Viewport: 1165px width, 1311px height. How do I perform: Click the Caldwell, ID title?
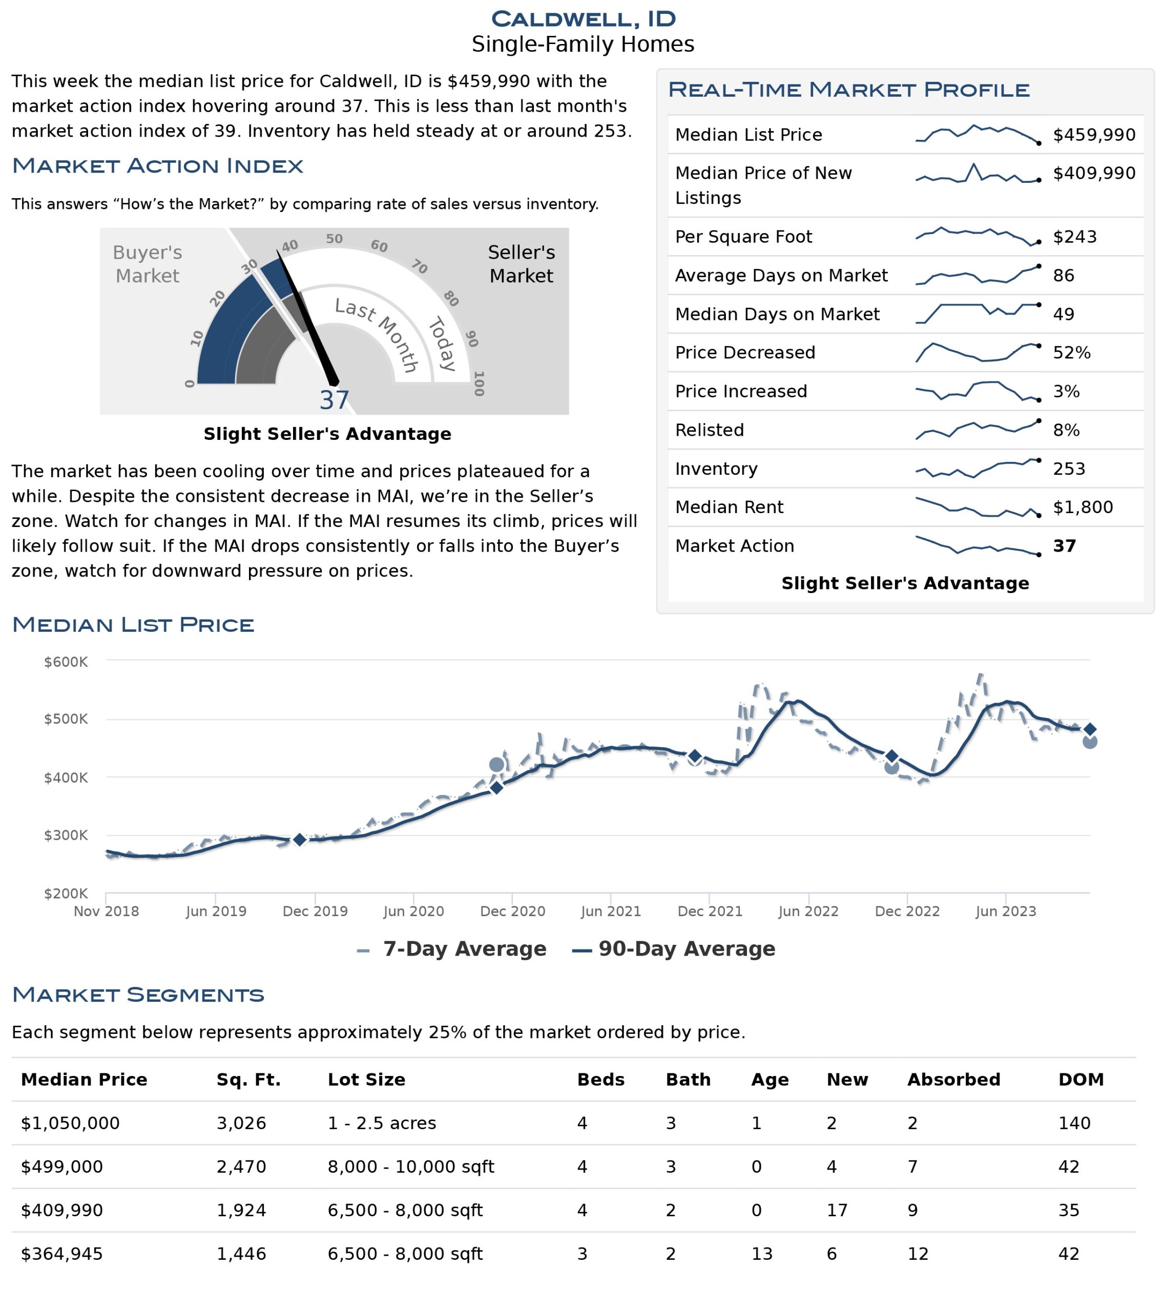tap(583, 18)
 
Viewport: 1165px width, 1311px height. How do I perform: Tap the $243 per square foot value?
tap(1074, 237)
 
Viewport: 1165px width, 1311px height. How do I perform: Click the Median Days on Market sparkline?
tap(977, 313)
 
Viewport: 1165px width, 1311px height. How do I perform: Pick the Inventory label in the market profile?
tap(716, 469)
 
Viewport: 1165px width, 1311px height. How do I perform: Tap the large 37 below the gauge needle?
tap(334, 400)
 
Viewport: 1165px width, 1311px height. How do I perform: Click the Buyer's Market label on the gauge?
tap(147, 264)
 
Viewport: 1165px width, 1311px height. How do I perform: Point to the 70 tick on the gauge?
tap(419, 266)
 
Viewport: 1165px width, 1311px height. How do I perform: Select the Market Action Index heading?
tap(158, 165)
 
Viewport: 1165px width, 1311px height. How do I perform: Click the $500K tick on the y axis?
tap(66, 719)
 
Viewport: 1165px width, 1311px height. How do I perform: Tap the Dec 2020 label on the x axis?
tap(513, 912)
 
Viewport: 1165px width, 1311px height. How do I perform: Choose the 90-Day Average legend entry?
tap(674, 948)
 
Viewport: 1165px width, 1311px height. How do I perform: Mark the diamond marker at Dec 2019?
tap(299, 839)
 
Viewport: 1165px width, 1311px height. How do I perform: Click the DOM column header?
tap(1081, 1080)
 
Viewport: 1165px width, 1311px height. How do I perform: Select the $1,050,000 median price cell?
tap(70, 1123)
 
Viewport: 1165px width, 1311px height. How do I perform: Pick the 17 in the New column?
tap(837, 1210)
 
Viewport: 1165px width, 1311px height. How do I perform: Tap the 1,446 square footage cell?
tap(241, 1254)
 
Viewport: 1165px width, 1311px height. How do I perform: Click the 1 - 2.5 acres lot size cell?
tap(382, 1123)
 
